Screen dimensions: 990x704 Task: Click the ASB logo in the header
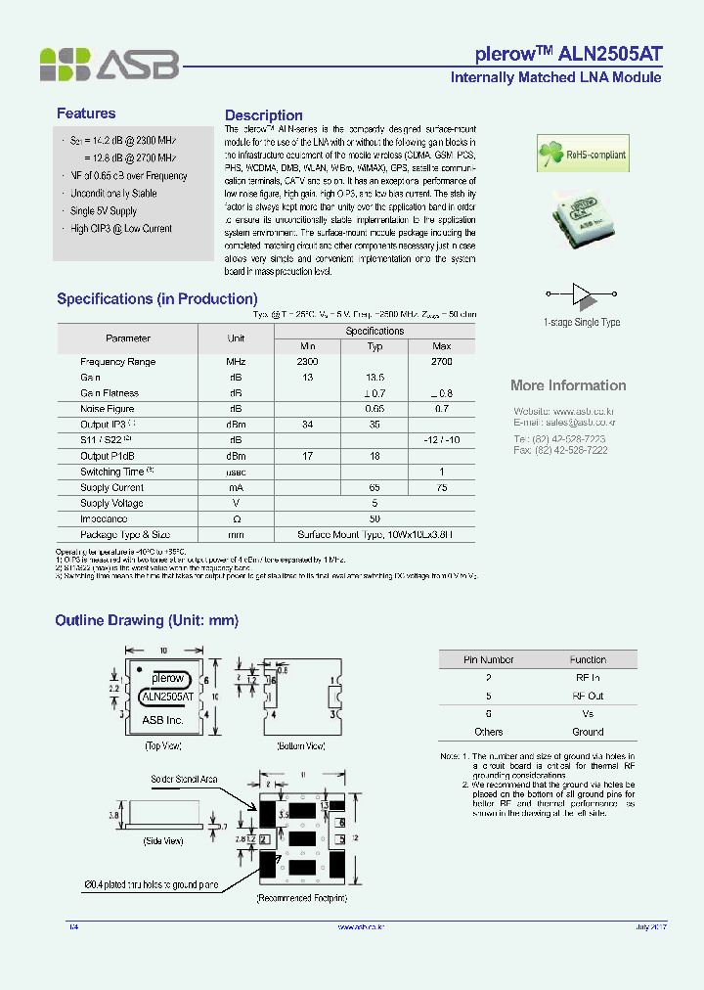109,64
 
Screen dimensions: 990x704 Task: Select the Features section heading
86,113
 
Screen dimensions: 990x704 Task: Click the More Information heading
568,385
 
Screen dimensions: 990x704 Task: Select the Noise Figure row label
108,409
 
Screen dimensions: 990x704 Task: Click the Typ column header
374,346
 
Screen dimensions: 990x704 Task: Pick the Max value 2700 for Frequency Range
441,362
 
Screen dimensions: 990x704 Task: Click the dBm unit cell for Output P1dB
236,456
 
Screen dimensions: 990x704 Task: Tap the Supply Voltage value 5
374,503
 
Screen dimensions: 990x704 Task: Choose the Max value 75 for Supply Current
441,487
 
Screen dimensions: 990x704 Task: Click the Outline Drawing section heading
147,620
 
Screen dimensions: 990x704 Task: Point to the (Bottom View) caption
302,745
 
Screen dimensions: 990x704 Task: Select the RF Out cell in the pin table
588,696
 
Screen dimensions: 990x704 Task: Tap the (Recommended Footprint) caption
301,897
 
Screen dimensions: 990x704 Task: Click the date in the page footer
650,926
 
